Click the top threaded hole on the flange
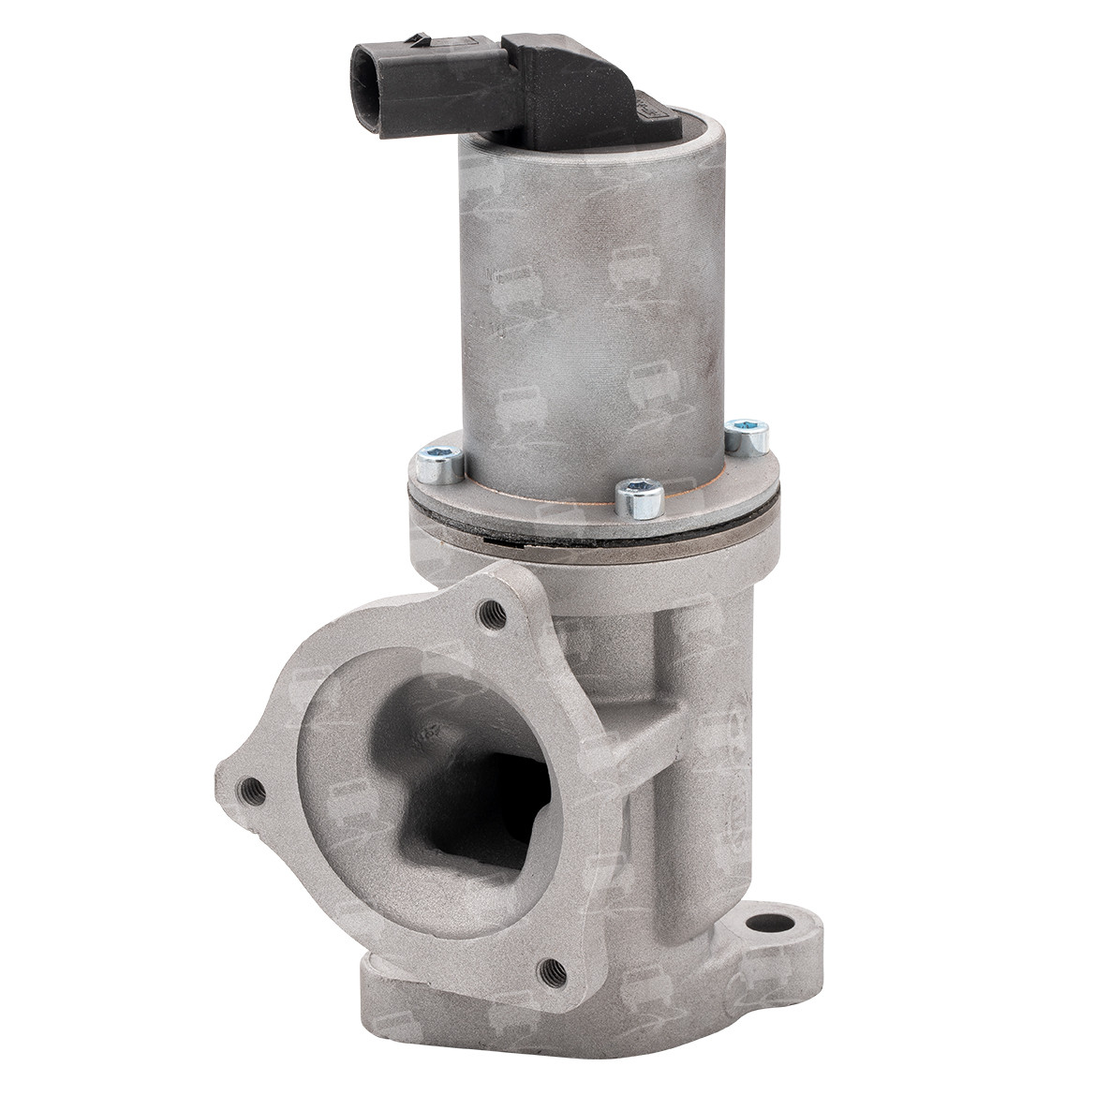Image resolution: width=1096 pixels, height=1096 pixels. point(490,614)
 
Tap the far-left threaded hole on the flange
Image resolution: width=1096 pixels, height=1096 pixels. point(249,788)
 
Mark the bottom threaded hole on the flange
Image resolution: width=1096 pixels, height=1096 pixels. point(552,970)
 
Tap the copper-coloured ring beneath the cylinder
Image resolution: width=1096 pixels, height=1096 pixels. point(581,501)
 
